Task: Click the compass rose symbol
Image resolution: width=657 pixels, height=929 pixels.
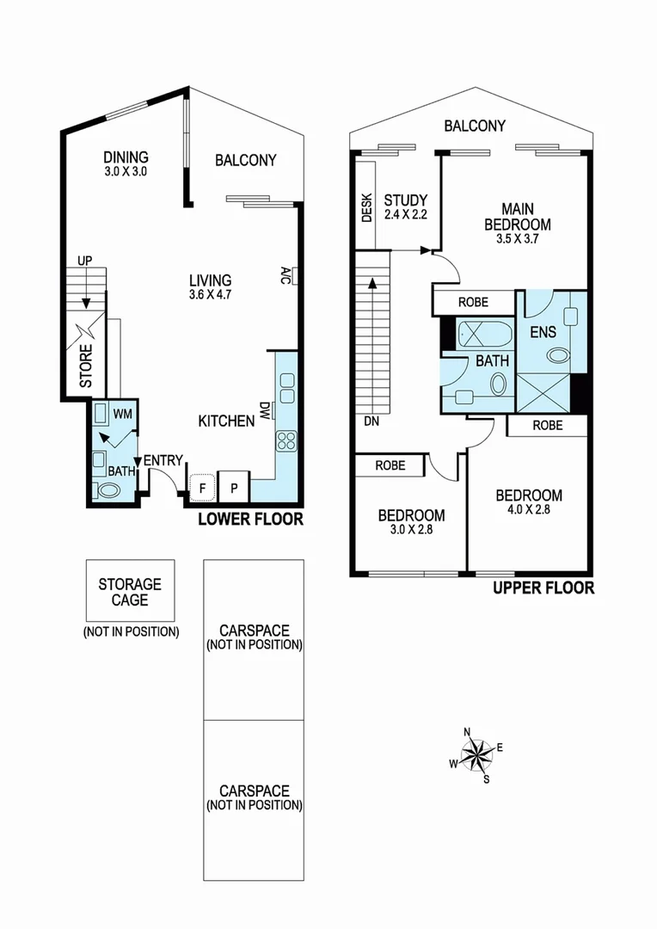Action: (476, 756)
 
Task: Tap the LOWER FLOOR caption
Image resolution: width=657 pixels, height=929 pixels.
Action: (250, 519)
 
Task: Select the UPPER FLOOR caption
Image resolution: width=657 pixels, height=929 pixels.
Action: (543, 588)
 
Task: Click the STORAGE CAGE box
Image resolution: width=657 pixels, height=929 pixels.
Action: (130, 592)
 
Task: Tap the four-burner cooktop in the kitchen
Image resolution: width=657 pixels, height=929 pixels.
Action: (286, 441)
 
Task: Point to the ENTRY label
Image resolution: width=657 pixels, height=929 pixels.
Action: (163, 461)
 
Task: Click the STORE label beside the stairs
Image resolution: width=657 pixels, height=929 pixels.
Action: (86, 366)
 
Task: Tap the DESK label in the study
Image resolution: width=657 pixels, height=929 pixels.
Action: (366, 207)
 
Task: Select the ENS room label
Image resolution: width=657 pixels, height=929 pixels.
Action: (543, 332)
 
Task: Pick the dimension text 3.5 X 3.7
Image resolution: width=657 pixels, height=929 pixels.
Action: (517, 239)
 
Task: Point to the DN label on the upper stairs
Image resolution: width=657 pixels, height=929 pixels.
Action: (371, 422)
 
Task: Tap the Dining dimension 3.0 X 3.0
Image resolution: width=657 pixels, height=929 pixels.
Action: (126, 171)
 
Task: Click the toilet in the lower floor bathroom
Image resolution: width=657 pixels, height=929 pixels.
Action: (108, 491)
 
